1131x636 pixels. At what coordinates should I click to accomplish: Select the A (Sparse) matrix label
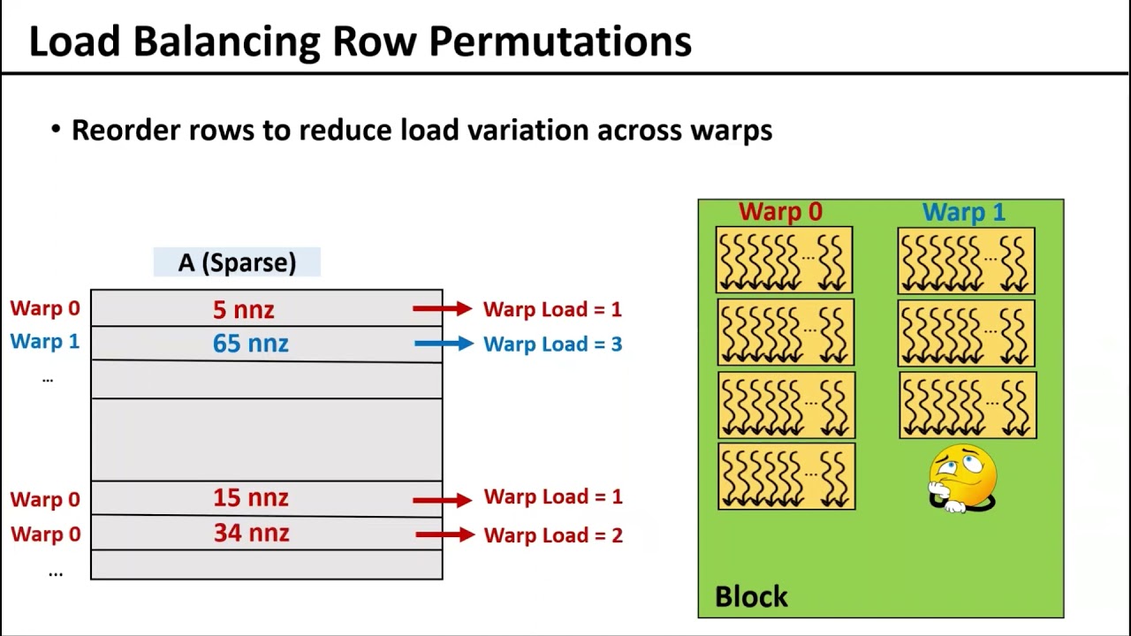tap(237, 262)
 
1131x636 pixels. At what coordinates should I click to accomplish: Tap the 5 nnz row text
tap(244, 309)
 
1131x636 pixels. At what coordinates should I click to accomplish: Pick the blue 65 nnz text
tap(250, 344)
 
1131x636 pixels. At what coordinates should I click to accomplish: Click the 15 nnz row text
tap(250, 498)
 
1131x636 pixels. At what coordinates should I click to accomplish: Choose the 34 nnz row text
tap(251, 534)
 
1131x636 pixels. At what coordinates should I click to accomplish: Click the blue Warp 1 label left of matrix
tap(45, 342)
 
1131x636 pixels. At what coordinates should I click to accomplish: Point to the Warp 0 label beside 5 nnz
tap(45, 308)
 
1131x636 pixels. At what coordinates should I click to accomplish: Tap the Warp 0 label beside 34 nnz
tap(45, 534)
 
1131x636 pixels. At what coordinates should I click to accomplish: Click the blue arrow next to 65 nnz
tap(444, 344)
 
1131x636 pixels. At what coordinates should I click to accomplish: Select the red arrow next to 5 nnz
tap(442, 308)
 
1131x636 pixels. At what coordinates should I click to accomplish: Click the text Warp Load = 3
tap(552, 344)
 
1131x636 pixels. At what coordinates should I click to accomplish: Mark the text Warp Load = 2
tap(553, 535)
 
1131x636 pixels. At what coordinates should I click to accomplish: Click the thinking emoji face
tap(962, 478)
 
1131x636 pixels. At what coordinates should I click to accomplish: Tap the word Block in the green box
tap(751, 597)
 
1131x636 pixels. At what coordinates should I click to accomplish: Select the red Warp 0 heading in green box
tap(780, 212)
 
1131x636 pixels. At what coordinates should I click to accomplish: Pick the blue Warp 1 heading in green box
tap(964, 212)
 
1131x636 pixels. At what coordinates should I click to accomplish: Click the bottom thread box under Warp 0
tap(786, 476)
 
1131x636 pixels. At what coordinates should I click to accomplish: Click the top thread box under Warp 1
tap(966, 261)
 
